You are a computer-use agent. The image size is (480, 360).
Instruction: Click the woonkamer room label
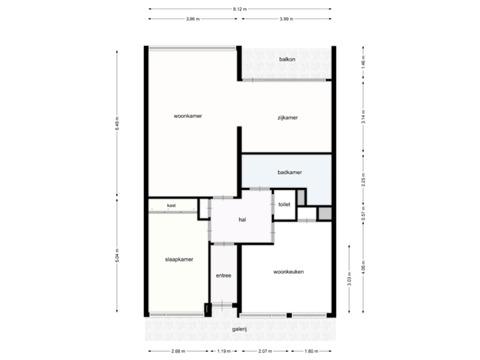(x=187, y=116)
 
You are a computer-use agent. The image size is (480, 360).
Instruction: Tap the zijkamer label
(x=287, y=118)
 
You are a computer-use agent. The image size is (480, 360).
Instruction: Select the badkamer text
(x=290, y=173)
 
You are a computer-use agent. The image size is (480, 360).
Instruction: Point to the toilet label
(x=285, y=204)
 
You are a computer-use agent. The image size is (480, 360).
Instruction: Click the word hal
(x=243, y=219)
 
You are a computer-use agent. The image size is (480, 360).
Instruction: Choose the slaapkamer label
(x=179, y=259)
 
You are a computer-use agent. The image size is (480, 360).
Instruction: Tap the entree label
(x=223, y=275)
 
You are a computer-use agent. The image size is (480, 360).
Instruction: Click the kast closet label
(x=171, y=205)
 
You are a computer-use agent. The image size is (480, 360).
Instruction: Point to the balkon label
(x=287, y=59)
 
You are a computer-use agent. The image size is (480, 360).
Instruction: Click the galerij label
(x=240, y=329)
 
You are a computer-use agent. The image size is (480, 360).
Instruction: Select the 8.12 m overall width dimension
(x=240, y=9)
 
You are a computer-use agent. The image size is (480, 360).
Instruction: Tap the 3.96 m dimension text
(x=193, y=19)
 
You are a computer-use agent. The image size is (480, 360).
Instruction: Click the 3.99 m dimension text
(x=286, y=19)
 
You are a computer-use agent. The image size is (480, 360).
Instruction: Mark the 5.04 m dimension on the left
(x=117, y=256)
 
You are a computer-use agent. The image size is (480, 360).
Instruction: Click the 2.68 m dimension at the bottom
(x=178, y=351)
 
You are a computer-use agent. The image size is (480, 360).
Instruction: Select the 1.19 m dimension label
(x=223, y=351)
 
